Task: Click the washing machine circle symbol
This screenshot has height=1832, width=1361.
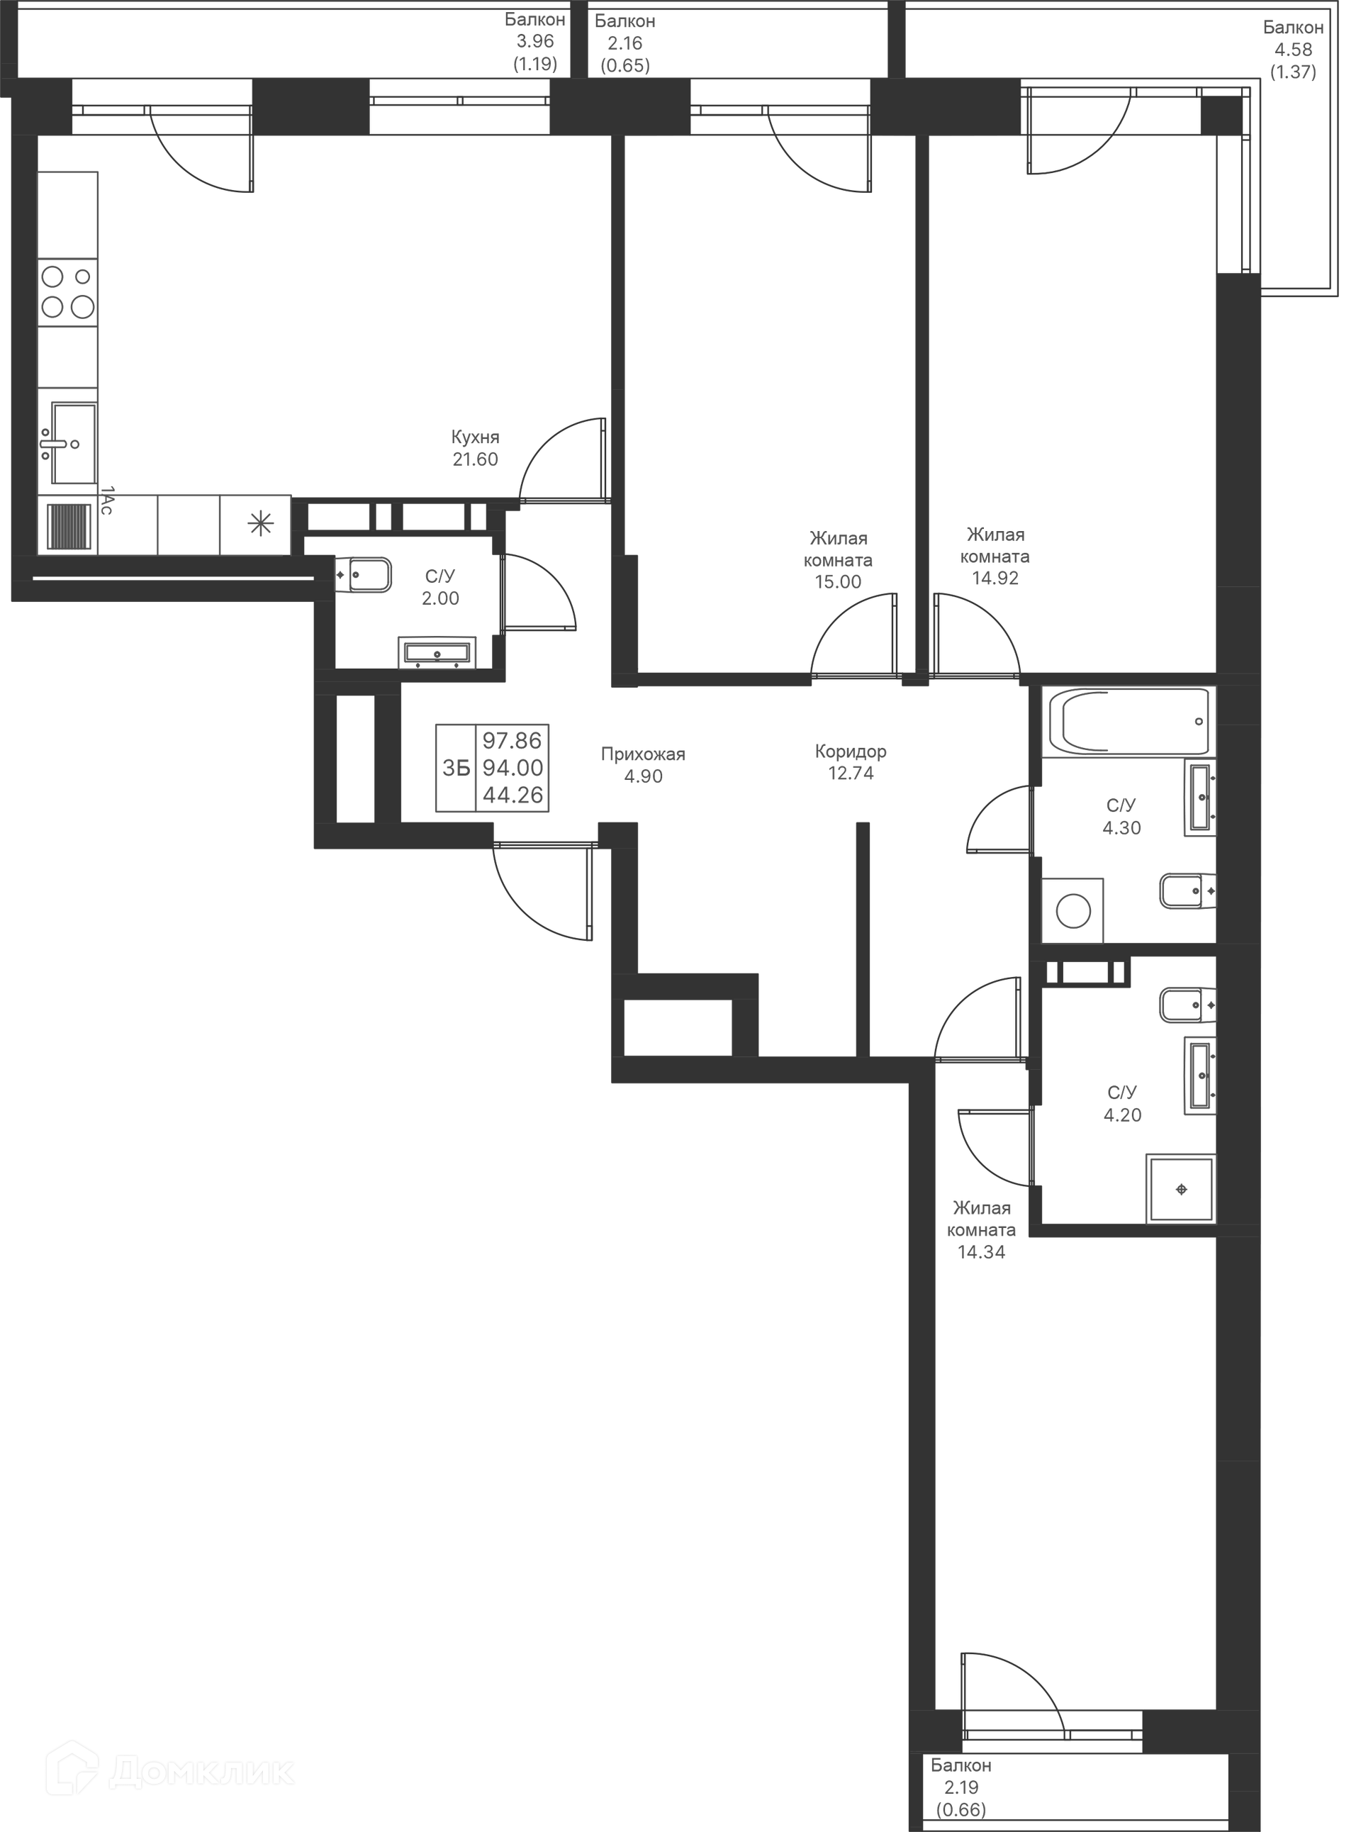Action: pyautogui.click(x=1072, y=912)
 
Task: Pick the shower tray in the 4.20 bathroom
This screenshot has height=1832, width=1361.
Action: pyautogui.click(x=1180, y=1189)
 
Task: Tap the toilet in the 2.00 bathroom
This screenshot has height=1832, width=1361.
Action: pyautogui.click(x=364, y=574)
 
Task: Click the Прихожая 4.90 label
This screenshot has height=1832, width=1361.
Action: pyautogui.click(x=643, y=765)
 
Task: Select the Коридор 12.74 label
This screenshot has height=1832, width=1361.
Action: pyautogui.click(x=850, y=762)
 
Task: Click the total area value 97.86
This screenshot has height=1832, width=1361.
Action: pyautogui.click(x=512, y=740)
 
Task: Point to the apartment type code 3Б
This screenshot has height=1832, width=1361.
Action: pyautogui.click(x=456, y=768)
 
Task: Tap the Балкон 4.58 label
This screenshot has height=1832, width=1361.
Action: pyautogui.click(x=1293, y=50)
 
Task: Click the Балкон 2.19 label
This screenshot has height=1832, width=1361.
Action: pyautogui.click(x=960, y=1787)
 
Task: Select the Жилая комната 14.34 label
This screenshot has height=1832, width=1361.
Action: pyautogui.click(x=981, y=1229)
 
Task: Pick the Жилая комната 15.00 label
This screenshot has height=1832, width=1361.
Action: pyautogui.click(x=838, y=559)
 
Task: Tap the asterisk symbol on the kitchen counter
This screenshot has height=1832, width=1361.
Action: pyautogui.click(x=260, y=524)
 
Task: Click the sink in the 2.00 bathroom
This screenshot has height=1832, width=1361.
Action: pyautogui.click(x=437, y=653)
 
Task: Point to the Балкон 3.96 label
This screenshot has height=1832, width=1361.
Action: pyautogui.click(x=534, y=41)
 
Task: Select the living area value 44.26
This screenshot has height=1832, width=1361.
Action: pyautogui.click(x=513, y=795)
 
